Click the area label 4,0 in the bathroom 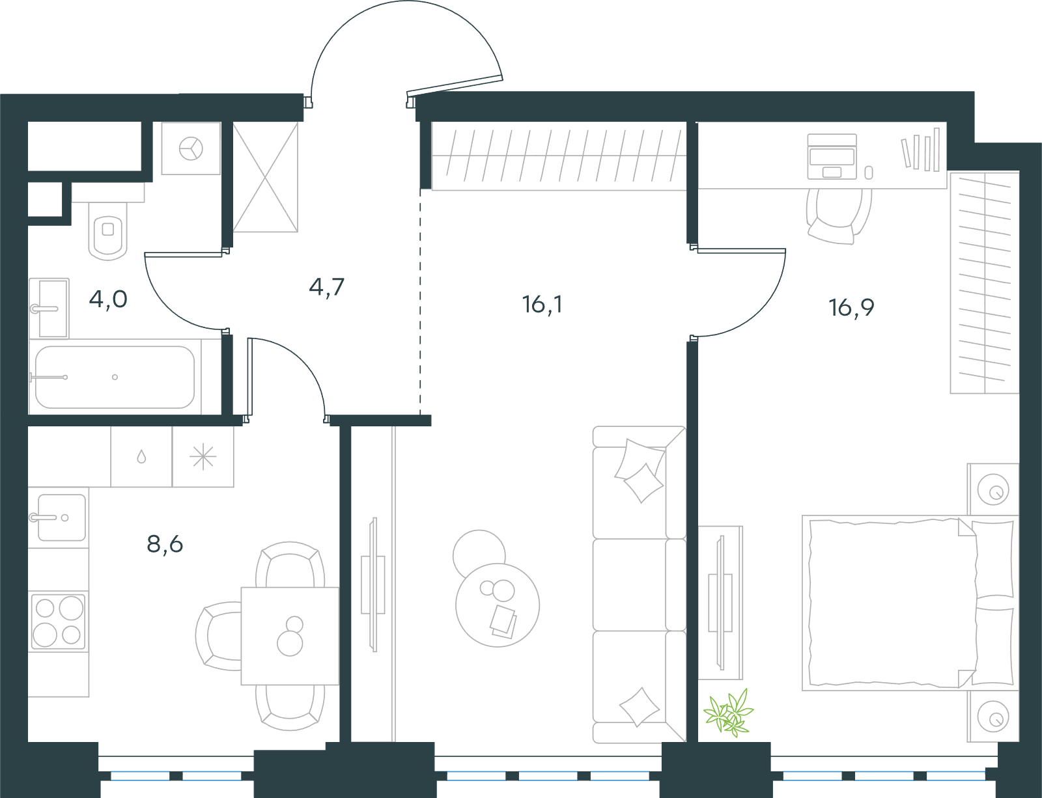[x=108, y=299]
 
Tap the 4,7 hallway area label [x=326, y=288]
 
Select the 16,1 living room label [x=542, y=305]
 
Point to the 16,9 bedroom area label [x=851, y=307]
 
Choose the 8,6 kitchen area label [x=165, y=544]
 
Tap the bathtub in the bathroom [x=115, y=377]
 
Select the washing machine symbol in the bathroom [x=191, y=148]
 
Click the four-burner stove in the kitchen [x=58, y=621]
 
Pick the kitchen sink [x=58, y=517]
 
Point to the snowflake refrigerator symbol [x=203, y=457]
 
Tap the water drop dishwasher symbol [x=141, y=456]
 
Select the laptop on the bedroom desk [x=832, y=157]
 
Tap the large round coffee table [x=498, y=605]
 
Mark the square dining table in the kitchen [x=290, y=636]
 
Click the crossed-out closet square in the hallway [x=265, y=177]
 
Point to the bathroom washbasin [x=49, y=309]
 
